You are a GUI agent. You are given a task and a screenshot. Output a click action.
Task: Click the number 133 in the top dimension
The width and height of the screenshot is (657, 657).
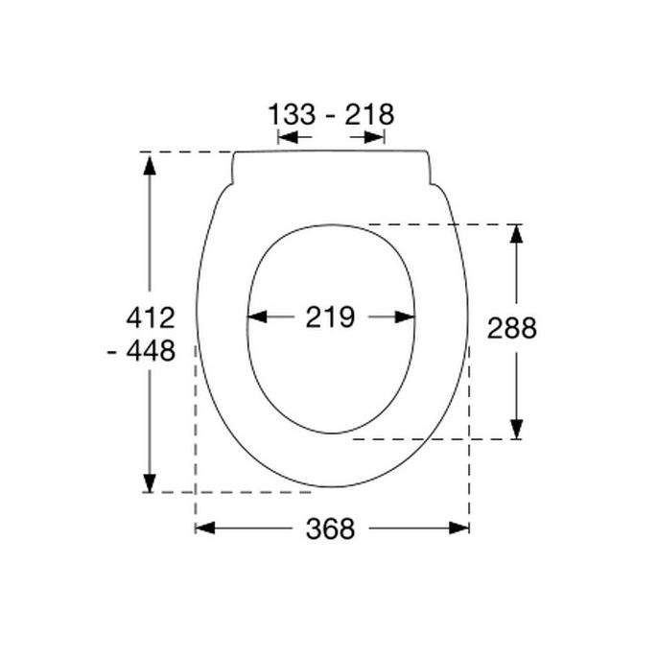(x=292, y=115)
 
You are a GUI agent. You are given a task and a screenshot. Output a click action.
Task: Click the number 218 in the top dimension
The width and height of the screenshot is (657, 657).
(x=370, y=115)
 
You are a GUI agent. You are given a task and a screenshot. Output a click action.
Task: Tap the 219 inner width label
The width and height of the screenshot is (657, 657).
(x=330, y=317)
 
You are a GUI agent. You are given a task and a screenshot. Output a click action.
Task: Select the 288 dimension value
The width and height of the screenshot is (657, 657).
(x=512, y=328)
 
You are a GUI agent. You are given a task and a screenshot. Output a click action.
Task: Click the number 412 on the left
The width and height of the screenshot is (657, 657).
(x=151, y=317)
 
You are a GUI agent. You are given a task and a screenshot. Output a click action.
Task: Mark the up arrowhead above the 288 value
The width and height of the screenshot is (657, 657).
(x=516, y=233)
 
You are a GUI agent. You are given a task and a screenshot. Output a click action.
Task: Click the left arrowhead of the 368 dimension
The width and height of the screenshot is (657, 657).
(x=203, y=528)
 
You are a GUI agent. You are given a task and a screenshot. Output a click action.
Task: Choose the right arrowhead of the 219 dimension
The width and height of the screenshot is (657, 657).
(x=407, y=317)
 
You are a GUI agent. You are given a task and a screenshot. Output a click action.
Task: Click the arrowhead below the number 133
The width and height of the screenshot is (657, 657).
(x=285, y=138)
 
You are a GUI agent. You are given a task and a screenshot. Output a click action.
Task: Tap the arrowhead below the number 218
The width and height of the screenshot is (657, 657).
(x=378, y=138)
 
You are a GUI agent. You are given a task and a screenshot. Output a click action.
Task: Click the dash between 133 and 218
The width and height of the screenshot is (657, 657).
(x=331, y=116)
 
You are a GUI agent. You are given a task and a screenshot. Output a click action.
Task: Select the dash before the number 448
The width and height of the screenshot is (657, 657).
(x=114, y=353)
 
